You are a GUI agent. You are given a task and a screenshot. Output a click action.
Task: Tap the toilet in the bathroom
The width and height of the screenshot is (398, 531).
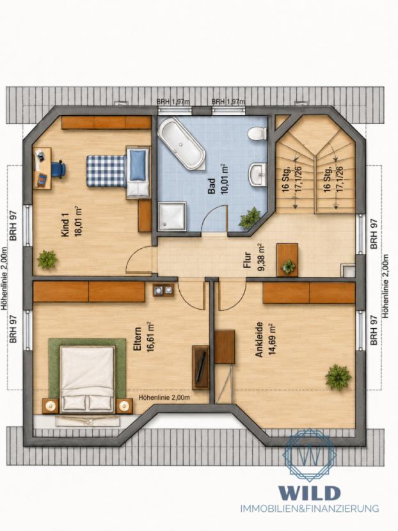coord(257,133)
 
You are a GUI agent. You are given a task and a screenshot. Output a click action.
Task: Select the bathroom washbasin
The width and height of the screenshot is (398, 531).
coord(258,175)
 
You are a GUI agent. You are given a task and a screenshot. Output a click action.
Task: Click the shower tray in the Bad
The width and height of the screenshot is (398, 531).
coord(172,216)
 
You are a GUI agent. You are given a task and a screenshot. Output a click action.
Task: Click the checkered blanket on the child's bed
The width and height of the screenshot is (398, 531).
coord(106,170)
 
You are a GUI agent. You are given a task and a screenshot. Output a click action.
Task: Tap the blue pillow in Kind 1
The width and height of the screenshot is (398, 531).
coord(137,165)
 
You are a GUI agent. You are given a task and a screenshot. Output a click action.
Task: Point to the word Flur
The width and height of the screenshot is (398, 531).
coord(247,260)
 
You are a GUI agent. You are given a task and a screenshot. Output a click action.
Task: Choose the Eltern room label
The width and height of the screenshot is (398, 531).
coord(137,339)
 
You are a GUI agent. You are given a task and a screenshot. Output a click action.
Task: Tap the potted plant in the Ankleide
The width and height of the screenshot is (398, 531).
coord(338,377)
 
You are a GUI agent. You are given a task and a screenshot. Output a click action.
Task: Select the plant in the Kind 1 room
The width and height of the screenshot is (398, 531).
coord(47,259)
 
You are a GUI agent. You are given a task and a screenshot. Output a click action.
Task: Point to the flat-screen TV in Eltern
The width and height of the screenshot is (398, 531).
coord(201,367)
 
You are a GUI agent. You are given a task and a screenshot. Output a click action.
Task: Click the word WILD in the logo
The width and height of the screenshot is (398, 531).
coord(309,493)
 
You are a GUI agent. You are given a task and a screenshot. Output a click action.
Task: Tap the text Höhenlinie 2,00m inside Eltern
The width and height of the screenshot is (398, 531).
coord(164,397)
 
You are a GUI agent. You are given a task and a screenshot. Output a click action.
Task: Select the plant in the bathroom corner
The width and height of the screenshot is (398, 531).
coord(250,218)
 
